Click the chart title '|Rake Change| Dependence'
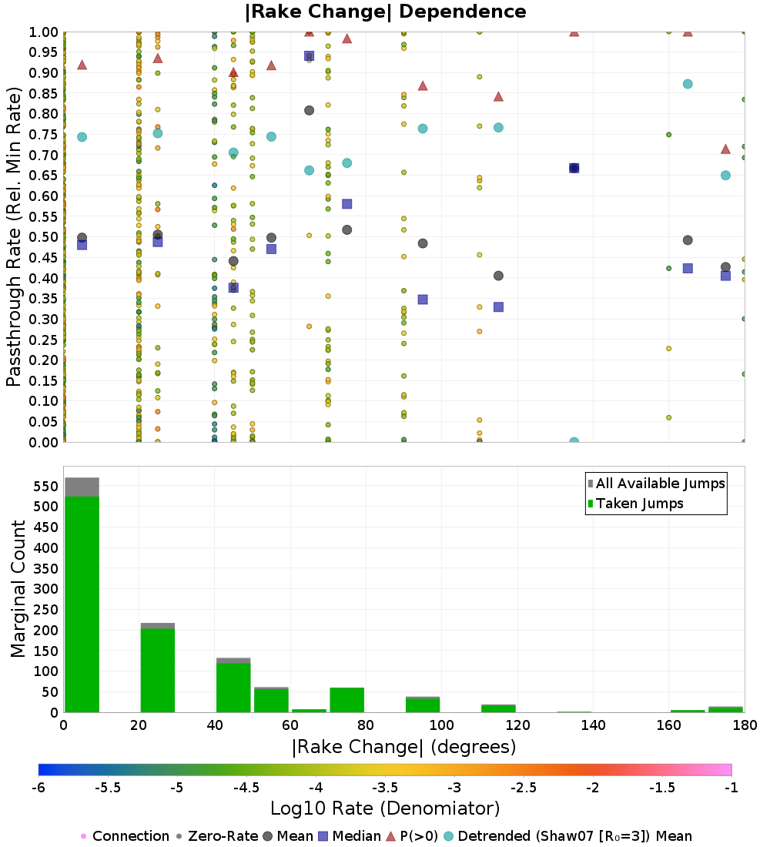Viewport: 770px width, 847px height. (x=385, y=12)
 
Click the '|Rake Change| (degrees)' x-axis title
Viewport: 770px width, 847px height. (x=403, y=747)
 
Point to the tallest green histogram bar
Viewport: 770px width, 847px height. (x=82, y=604)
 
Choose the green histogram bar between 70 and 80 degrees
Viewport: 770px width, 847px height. (x=346, y=700)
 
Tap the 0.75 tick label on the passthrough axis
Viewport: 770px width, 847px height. (x=45, y=134)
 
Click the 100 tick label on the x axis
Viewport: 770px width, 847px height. (x=441, y=725)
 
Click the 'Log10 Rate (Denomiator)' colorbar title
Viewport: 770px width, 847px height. (x=385, y=808)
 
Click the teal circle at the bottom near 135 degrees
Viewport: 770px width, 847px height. (x=574, y=441)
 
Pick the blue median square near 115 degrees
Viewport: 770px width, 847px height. (x=498, y=306)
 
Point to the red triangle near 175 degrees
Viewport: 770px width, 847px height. (x=725, y=149)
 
